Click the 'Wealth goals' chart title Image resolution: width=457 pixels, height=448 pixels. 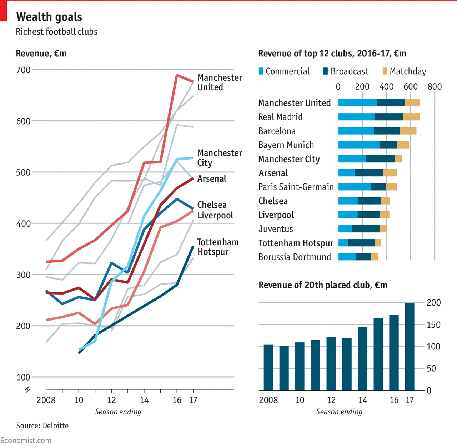click(x=49, y=17)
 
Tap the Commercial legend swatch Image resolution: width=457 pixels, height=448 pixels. click(x=261, y=71)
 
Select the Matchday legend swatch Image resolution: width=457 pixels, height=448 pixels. click(x=385, y=71)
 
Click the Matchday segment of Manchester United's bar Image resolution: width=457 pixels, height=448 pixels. click(x=412, y=103)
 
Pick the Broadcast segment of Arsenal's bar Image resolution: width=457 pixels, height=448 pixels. click(x=369, y=173)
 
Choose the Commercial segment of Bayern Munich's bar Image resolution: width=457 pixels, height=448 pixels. click(x=359, y=145)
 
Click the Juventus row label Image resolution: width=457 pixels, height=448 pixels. click(x=276, y=229)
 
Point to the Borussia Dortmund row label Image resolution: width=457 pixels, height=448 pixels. click(x=295, y=257)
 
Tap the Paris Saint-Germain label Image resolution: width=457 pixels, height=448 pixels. click(x=296, y=187)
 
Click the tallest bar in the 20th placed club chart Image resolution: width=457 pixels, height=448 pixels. click(x=410, y=347)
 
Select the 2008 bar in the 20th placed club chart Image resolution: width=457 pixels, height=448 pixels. click(x=268, y=367)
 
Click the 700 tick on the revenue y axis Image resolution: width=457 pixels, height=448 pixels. click(x=23, y=70)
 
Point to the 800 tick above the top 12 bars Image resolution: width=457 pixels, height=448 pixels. click(x=435, y=87)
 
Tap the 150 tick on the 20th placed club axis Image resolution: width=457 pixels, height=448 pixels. click(x=434, y=325)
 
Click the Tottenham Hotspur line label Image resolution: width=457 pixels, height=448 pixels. click(x=218, y=247)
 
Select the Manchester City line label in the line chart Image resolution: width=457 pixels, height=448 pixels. click(x=220, y=158)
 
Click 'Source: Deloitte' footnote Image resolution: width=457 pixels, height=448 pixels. click(x=42, y=426)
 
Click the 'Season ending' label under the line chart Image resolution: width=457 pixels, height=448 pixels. click(x=118, y=412)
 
